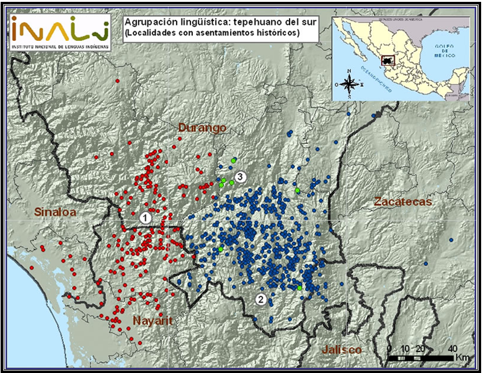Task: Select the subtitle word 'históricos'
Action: click(x=275, y=32)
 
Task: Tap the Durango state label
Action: click(x=202, y=127)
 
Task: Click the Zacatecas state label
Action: click(x=402, y=202)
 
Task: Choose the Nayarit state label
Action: click(x=153, y=320)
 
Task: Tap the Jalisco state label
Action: click(x=341, y=349)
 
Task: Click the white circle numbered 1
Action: click(x=145, y=217)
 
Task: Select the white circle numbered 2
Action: click(x=261, y=300)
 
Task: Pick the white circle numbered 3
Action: click(x=241, y=177)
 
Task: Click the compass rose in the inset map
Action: click(x=350, y=83)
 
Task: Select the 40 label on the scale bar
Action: click(x=453, y=348)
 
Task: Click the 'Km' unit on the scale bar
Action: click(x=462, y=358)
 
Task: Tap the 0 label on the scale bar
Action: click(x=389, y=348)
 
